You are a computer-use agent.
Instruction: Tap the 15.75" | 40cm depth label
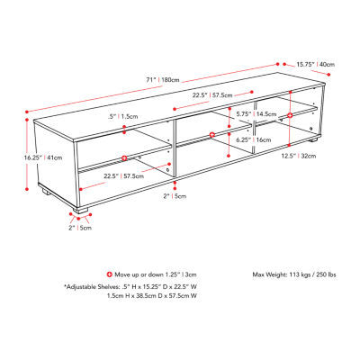[x=316, y=64]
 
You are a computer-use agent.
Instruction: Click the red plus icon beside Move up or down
[x=109, y=273]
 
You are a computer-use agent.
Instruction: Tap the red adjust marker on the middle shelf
[x=212, y=135]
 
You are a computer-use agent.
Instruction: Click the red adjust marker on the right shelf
[x=290, y=116]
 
